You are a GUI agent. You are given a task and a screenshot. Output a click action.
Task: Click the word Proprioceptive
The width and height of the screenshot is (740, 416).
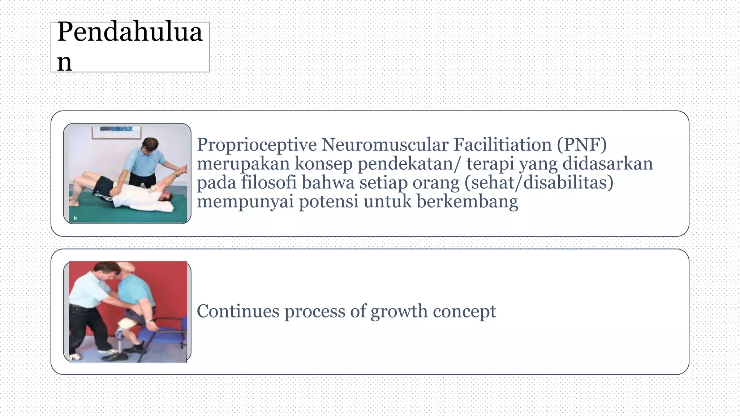[256, 145]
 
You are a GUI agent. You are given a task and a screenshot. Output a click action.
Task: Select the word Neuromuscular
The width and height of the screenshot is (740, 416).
[384, 145]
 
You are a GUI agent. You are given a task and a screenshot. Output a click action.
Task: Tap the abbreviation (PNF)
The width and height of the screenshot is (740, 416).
[581, 145]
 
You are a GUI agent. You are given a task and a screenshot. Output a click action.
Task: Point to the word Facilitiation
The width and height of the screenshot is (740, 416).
[502, 145]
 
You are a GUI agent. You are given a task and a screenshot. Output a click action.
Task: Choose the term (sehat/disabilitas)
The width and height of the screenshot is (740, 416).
[539, 182]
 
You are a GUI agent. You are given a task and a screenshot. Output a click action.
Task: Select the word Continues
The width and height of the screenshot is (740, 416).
[238, 311]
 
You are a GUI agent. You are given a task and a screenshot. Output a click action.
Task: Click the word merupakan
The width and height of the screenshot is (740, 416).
[243, 164]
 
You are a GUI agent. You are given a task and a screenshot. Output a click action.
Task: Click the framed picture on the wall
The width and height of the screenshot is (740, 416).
[116, 132]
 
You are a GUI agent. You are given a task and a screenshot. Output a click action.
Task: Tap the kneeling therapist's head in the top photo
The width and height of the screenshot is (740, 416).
[149, 146]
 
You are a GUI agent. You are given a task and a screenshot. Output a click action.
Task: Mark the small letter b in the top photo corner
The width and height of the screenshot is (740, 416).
[76, 218]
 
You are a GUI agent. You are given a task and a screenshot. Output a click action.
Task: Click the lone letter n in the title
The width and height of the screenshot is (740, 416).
[64, 62]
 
